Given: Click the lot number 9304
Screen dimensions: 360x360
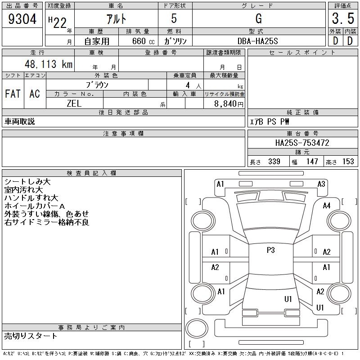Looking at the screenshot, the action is [22, 19].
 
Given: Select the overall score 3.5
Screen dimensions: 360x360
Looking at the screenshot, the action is [343, 18].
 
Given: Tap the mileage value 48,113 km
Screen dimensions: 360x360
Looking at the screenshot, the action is [49, 64].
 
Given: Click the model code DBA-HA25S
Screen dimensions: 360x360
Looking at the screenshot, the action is [257, 41].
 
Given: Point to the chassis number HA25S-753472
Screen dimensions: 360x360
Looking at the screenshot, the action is [302, 143].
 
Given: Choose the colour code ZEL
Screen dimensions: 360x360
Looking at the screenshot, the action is [74, 103].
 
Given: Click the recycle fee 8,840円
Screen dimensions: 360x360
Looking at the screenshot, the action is [229, 104].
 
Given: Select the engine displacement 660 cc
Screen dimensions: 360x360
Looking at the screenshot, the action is [143, 41].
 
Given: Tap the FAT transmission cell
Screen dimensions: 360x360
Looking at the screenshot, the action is [13, 94].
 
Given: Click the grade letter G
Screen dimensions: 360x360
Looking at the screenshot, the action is [259, 18].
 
